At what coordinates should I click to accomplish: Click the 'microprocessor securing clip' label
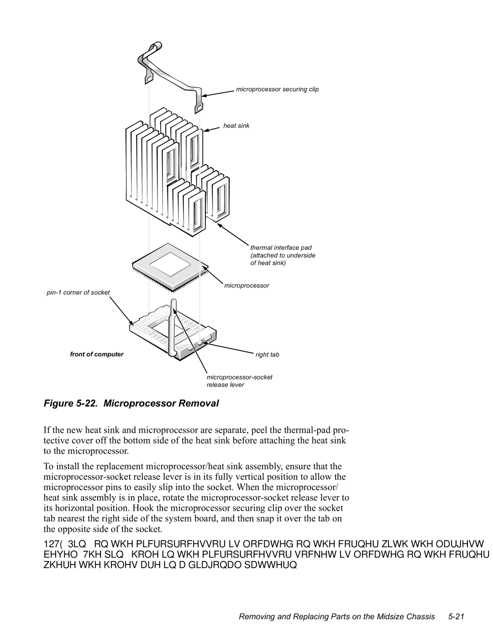pyautogui.click(x=277, y=89)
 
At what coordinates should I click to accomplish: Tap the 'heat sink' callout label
pyautogui.click(x=236, y=125)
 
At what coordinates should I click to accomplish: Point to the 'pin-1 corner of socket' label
pyautogui.click(x=78, y=292)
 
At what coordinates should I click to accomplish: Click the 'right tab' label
pyautogui.click(x=267, y=354)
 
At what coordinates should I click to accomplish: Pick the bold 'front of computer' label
pyautogui.click(x=96, y=354)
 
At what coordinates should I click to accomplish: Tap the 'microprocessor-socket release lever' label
pyautogui.click(x=239, y=381)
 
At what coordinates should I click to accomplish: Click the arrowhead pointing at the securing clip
pyautogui.click(x=204, y=95)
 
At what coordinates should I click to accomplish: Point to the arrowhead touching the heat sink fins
pyautogui.click(x=206, y=130)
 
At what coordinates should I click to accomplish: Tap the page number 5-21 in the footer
pyautogui.click(x=456, y=616)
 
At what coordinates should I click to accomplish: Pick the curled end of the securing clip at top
pyautogui.click(x=155, y=46)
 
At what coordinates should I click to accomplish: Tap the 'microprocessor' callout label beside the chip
pyautogui.click(x=246, y=285)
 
